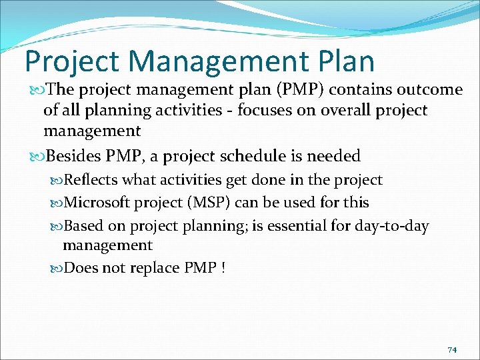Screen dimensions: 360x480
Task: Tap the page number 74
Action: pos(452,350)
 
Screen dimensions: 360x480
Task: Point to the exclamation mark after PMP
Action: pos(223,268)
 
